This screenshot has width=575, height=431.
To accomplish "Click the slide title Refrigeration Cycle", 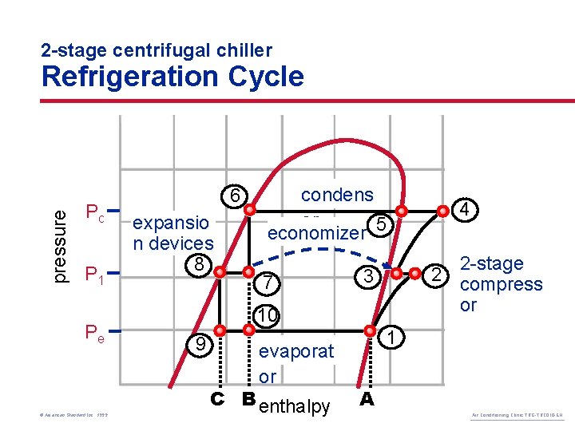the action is point(172,77).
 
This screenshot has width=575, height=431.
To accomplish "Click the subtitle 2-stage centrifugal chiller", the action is point(157,51).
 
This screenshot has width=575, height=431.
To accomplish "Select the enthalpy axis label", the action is point(295,407).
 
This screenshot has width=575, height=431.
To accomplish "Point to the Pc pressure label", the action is point(95,213).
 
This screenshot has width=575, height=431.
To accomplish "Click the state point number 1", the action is point(391,338).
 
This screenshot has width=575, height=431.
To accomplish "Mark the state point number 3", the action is point(367,276).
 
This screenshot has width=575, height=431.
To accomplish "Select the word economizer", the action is point(316,233).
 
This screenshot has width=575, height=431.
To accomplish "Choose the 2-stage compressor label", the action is point(502,284).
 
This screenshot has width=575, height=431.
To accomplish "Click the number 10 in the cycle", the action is point(268,316).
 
